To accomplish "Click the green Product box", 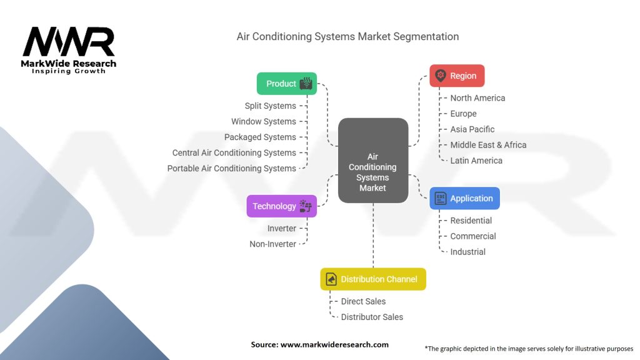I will pos(287,84).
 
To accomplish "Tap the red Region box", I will pos(457,76).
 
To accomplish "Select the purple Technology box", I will pos(281,206).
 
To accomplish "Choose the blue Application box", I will pos(464,198).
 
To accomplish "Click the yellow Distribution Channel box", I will pos(373,279).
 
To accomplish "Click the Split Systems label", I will pos(270,106).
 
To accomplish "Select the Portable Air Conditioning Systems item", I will pos(231,169).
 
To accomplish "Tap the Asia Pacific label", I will pos(472,129).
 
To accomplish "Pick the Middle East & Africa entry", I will pos(488,145).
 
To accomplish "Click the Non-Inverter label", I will pos(272,244).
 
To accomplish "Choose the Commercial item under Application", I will pos(472,236).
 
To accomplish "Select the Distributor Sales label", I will pos(372,317).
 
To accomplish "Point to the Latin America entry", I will pos(476,161).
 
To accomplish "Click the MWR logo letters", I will pos(69,42).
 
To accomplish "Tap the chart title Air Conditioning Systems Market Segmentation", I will pos(347,37).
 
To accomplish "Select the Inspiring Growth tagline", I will pos(69,71).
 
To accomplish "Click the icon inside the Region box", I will pos(441,76).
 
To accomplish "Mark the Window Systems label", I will pos(263,122).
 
